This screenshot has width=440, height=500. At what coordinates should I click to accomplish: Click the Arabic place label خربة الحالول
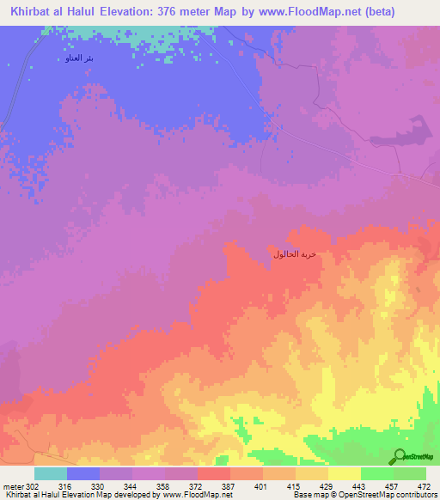(295, 254)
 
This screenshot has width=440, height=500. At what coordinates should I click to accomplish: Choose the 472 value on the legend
(425, 486)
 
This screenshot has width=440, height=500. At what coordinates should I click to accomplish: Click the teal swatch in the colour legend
(51, 473)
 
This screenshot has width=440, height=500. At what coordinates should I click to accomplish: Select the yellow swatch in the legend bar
(344, 473)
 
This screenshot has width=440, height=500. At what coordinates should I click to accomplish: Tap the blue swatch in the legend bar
(83, 473)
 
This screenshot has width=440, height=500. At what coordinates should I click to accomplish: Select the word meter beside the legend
(11, 486)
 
